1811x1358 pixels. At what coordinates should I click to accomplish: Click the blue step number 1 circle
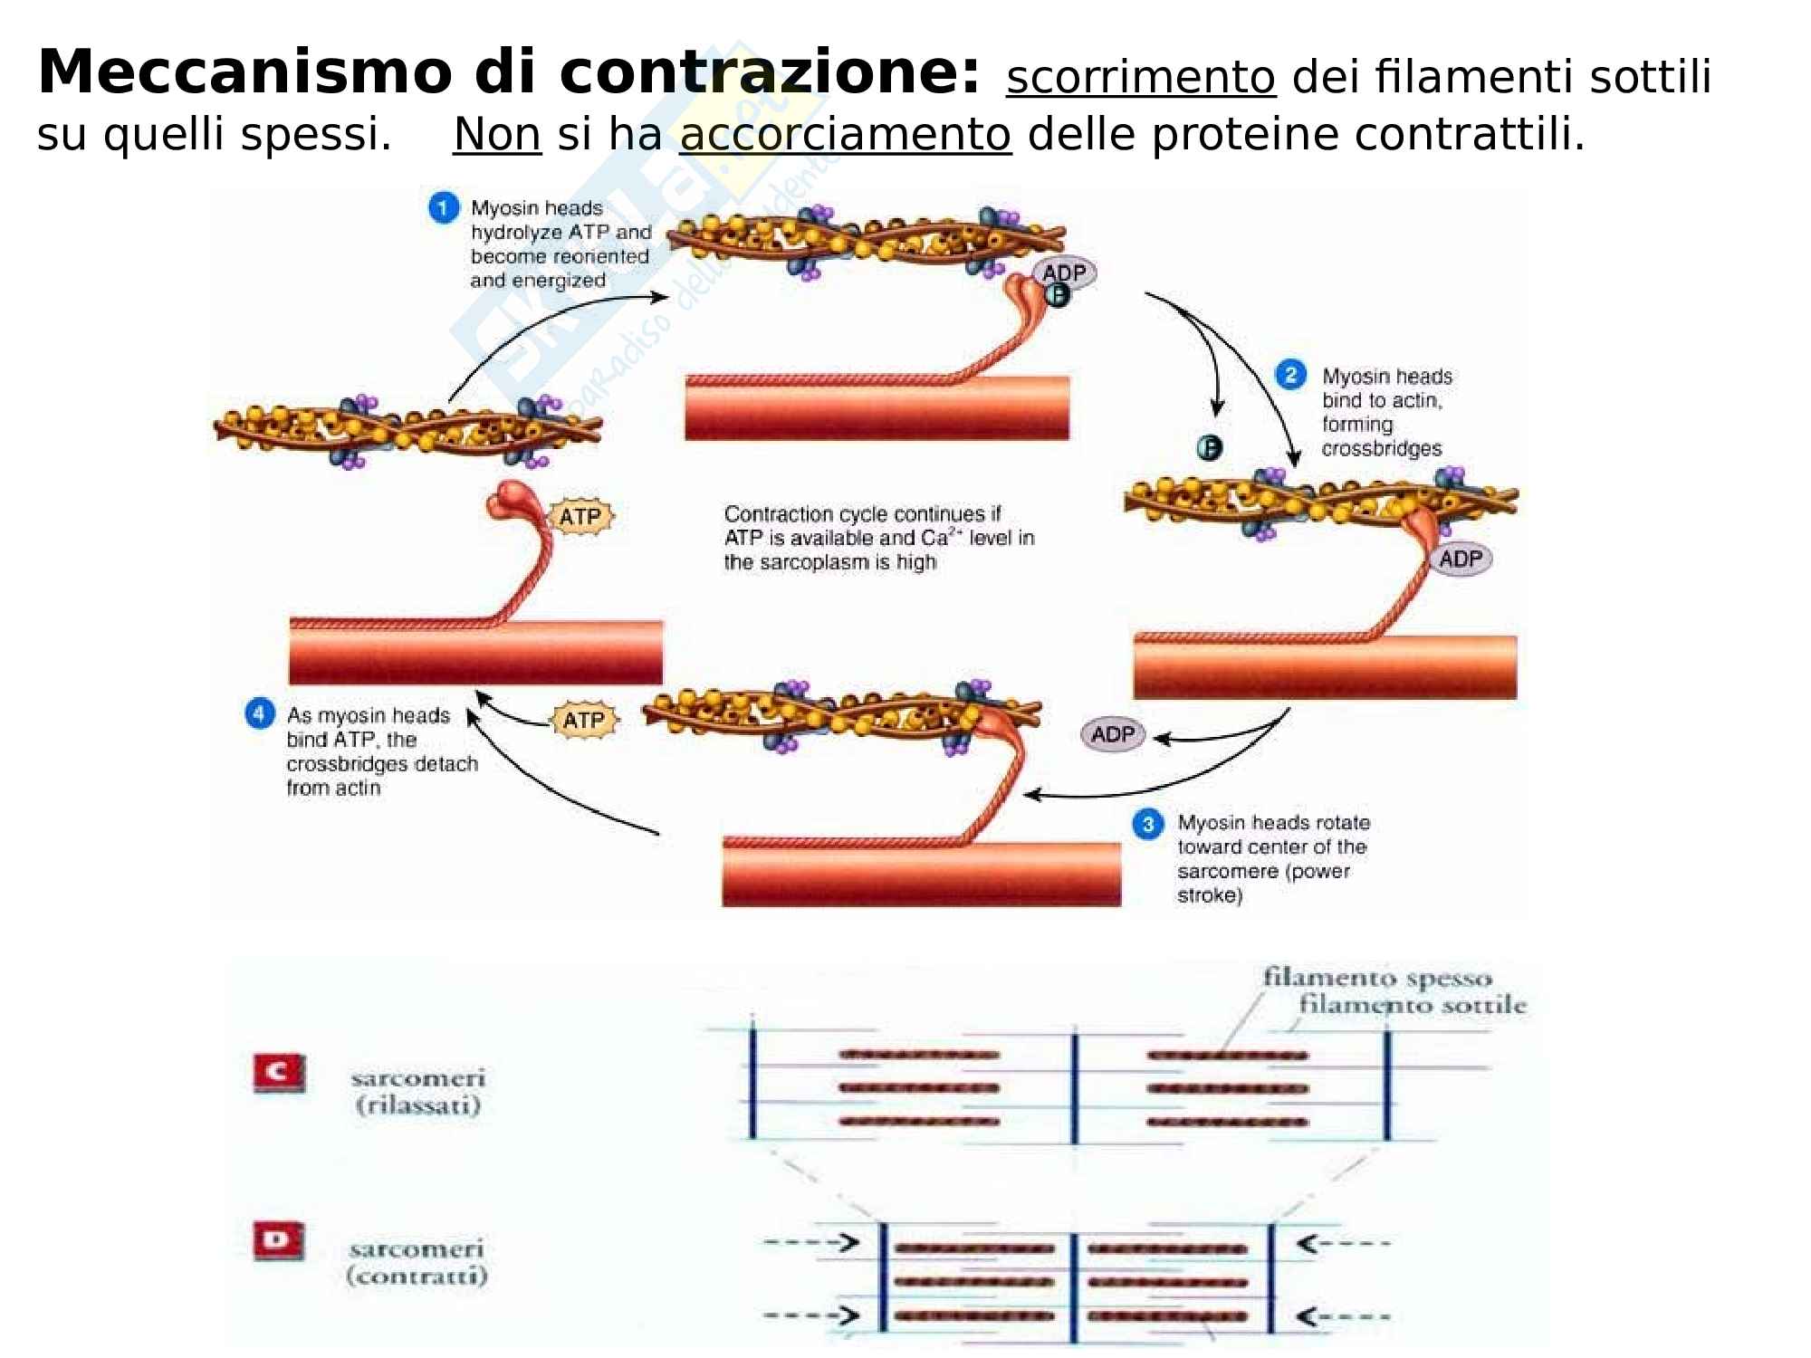[443, 209]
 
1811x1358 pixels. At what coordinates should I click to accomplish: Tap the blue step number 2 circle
[1290, 375]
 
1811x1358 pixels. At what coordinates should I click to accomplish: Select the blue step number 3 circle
[1148, 825]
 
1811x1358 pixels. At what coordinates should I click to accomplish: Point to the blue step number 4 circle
[259, 714]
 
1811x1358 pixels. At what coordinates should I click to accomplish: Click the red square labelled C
[279, 1074]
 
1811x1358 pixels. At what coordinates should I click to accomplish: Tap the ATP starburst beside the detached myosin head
[580, 517]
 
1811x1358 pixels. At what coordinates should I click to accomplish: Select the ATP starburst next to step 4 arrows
[584, 721]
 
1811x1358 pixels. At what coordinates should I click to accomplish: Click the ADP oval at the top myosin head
[1064, 273]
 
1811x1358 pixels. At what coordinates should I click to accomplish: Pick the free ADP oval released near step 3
[1113, 734]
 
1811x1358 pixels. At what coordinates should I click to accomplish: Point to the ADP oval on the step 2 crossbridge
[1461, 559]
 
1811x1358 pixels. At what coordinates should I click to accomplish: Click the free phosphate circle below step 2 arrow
[1209, 447]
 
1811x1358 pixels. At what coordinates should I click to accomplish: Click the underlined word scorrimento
[1140, 78]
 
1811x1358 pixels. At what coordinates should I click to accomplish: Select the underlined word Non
[497, 135]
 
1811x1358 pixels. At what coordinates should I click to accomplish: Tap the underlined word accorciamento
[845, 135]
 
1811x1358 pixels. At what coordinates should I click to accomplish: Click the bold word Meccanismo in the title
[244, 72]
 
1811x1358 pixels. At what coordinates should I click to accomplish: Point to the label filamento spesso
[1376, 978]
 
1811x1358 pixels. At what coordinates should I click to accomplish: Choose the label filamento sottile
[1413, 1005]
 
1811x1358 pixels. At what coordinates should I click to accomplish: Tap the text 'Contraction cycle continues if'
[862, 514]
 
